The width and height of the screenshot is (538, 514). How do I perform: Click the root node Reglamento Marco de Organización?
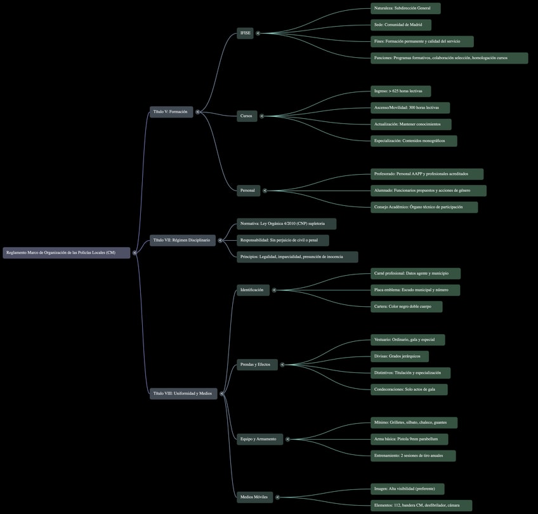pos(66,253)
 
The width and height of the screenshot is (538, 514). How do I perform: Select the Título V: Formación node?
pos(171,112)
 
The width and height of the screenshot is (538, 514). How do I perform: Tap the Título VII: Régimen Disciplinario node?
pos(183,240)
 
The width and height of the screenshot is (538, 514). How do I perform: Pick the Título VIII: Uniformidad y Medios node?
pos(183,394)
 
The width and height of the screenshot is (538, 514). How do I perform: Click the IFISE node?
pos(245,33)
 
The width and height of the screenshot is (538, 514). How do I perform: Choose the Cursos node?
pos(247,116)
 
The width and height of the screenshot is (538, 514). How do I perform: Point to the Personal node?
pos(248,190)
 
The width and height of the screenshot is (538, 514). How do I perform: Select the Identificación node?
pos(253,290)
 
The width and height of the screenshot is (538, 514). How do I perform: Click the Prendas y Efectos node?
pos(257,365)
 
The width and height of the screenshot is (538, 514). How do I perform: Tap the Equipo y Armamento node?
pos(259,439)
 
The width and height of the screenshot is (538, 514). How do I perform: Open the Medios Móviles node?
pos(254,497)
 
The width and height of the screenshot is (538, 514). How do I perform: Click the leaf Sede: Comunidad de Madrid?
pos(401,25)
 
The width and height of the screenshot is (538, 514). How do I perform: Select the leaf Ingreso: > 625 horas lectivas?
pos(400,91)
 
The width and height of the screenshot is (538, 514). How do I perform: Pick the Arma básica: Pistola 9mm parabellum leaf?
pos(409,439)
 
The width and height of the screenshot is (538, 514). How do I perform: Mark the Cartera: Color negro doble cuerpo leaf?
pos(406,307)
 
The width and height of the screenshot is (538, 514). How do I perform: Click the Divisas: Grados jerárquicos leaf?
pos(399,356)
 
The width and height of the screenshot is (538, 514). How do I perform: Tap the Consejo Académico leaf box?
pos(424,207)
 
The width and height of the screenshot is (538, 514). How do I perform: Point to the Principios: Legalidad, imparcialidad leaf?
pos(297,257)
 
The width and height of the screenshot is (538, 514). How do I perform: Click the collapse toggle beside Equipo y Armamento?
pos(287,439)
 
